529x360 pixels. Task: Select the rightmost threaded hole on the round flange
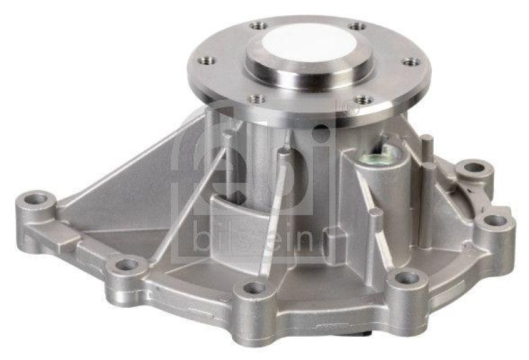411,62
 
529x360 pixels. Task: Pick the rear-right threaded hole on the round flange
357,26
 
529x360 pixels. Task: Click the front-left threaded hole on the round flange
258,99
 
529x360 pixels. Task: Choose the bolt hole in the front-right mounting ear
406,279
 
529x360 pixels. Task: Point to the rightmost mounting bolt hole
495,221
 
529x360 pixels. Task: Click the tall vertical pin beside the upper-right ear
427,149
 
